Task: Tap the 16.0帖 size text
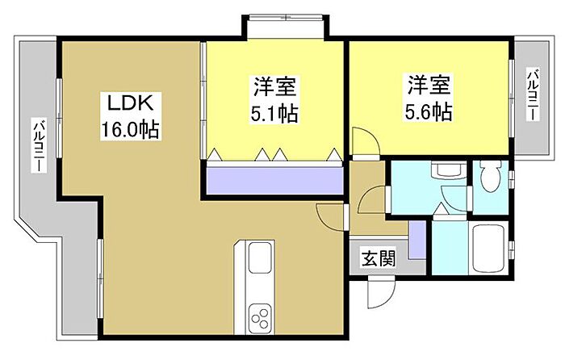click(x=130, y=128)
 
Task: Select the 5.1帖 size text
click(x=274, y=113)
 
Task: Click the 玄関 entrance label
click(x=378, y=259)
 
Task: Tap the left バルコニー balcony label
click(x=38, y=146)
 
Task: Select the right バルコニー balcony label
click(x=532, y=95)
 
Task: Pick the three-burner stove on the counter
click(x=261, y=314)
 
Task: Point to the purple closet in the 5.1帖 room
click(x=274, y=179)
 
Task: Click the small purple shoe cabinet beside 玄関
click(x=416, y=238)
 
